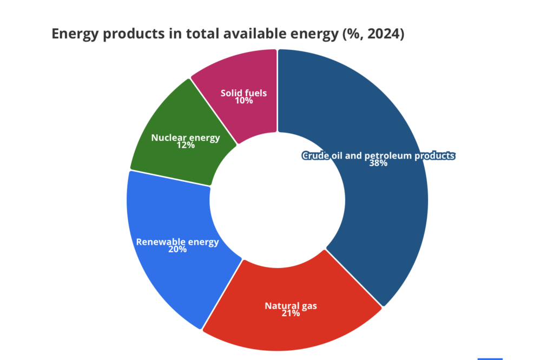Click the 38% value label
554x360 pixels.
tap(378, 163)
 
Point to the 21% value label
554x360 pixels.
tap(291, 313)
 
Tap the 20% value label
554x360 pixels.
tap(177, 250)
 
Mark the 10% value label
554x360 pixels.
tap(243, 101)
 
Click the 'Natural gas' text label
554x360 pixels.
tap(291, 306)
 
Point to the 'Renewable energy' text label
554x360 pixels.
tap(177, 242)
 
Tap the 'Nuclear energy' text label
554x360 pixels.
tap(186, 138)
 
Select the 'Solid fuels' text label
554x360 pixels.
tap(243, 93)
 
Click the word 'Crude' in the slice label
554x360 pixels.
tap(314, 156)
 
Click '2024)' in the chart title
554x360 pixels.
tap(386, 34)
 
